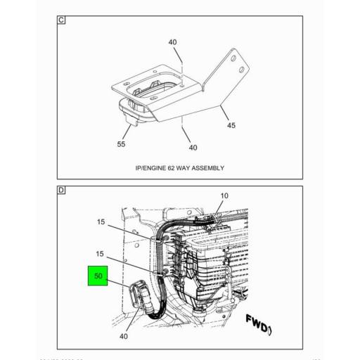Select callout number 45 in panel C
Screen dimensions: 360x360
(231, 127)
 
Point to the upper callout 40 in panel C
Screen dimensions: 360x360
(173, 42)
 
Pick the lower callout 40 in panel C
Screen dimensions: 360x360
(193, 148)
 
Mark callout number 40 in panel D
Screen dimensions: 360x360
(124, 335)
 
